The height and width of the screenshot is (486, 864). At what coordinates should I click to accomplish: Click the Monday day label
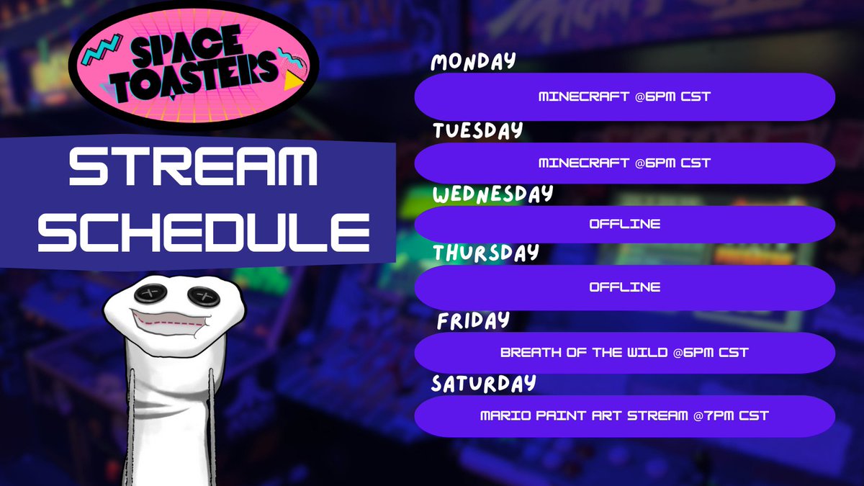(473, 63)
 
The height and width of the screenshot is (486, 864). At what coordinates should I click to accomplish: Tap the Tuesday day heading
(476, 131)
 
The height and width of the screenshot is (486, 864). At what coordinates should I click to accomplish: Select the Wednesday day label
(492, 194)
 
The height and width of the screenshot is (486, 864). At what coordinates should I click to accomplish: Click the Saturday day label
(483, 383)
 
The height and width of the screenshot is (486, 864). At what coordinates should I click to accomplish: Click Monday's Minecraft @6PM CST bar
(624, 96)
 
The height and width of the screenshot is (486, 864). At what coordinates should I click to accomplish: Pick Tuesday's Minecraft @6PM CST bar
(624, 163)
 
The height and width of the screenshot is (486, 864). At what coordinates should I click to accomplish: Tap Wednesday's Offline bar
(624, 225)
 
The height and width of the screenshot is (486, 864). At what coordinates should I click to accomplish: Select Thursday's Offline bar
(624, 287)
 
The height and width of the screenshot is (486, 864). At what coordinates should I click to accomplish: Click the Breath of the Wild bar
(624, 353)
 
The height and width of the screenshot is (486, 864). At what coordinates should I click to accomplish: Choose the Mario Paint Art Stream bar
(624, 416)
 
